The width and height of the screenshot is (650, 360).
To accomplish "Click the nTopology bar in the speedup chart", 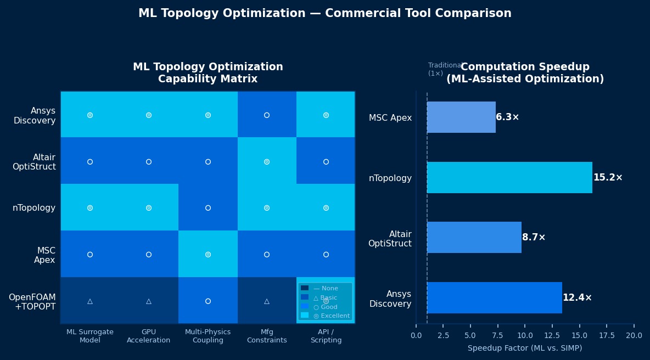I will click(x=509, y=178).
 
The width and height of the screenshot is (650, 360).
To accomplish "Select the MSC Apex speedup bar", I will click(x=461, y=117).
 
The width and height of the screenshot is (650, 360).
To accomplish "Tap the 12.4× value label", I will click(x=577, y=298).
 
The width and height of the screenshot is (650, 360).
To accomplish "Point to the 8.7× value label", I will click(x=534, y=238).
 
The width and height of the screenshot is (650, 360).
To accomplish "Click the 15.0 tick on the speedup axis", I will click(x=579, y=335).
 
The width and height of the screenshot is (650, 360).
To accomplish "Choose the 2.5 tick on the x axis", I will click(x=443, y=335).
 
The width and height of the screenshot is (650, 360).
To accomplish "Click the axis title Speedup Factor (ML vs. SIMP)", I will click(x=524, y=348).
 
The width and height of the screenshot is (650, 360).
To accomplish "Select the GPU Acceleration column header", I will click(x=148, y=336).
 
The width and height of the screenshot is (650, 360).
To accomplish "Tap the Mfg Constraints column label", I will click(x=266, y=336).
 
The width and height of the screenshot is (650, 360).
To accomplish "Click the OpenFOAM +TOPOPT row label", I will click(x=32, y=302).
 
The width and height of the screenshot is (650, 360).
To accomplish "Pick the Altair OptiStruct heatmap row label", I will click(x=34, y=162).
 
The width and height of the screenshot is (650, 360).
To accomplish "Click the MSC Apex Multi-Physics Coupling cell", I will click(x=208, y=254).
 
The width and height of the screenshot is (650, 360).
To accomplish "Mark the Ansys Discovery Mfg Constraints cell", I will click(x=266, y=115).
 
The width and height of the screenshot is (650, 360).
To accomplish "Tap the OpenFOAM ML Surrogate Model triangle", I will click(x=89, y=301).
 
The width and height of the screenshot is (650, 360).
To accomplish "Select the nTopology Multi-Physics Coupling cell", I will click(x=208, y=208).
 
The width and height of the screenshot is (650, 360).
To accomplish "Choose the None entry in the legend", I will click(x=326, y=288).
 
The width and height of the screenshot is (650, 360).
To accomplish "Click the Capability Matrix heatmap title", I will click(x=208, y=73).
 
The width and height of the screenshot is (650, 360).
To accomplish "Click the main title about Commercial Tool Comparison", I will click(x=324, y=14).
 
